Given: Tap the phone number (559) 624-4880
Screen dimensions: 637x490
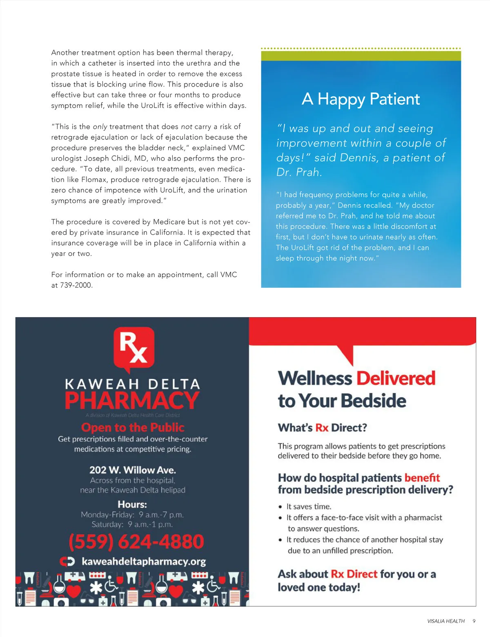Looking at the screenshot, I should tap(136, 542).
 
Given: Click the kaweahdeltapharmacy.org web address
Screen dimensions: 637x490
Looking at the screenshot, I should tap(143, 561).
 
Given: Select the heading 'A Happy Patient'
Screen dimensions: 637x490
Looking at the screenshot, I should tap(361, 99).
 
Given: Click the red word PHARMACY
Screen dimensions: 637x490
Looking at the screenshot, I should tap(132, 401).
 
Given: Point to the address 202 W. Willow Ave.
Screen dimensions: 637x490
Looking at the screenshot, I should tap(133, 470).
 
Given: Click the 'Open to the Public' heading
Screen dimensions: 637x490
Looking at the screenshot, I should tap(133, 427).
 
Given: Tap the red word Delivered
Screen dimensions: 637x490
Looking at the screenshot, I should tap(396, 379).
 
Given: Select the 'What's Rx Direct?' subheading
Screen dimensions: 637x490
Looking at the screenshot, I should tap(322, 428).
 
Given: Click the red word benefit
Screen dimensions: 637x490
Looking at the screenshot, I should tap(422, 478).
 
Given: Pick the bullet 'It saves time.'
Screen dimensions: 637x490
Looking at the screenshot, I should tap(309, 507).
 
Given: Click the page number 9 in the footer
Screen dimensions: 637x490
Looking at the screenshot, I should tap(474, 621).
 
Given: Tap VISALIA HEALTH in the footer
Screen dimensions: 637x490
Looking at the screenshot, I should tap(446, 621).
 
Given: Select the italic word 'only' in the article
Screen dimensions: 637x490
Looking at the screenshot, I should tap(100, 127).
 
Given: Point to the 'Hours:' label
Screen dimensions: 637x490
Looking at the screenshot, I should tap(132, 504).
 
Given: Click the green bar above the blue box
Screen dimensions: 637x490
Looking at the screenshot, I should tap(361, 56).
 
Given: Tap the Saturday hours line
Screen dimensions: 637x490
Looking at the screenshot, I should tap(132, 525).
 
